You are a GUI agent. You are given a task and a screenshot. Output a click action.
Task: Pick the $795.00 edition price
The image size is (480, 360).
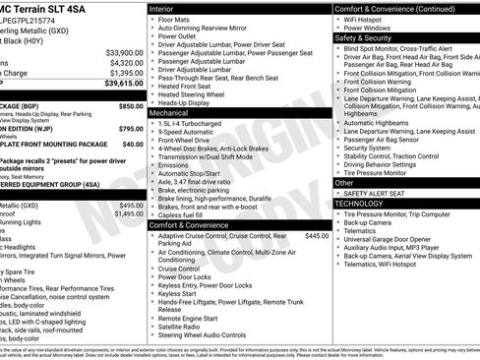[x=130, y=129]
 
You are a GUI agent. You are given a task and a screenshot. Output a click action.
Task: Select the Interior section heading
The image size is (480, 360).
[x=168, y=8]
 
